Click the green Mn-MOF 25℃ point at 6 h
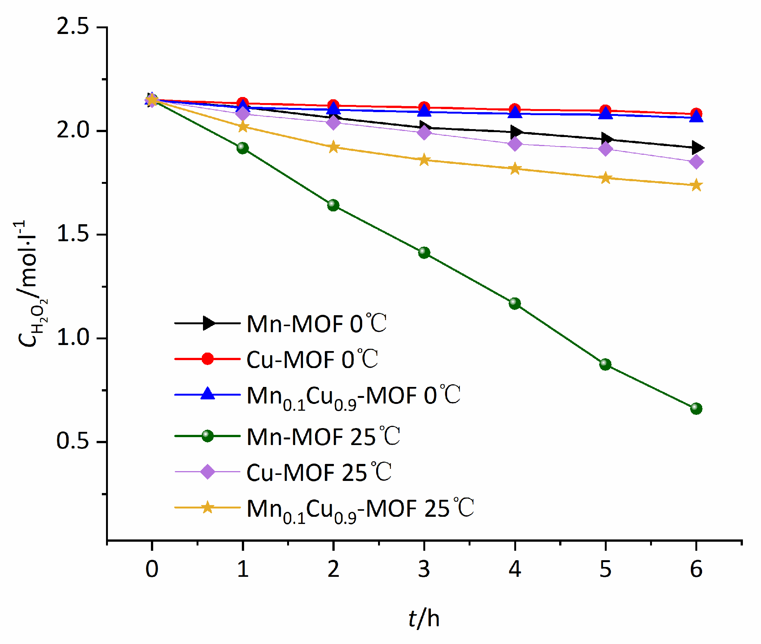[x=696, y=408]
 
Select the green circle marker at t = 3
[x=424, y=252]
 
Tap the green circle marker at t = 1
[x=243, y=148]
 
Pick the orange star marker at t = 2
[x=333, y=147]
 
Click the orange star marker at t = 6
[x=696, y=185]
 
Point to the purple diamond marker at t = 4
[x=515, y=144]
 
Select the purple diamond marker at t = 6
[x=696, y=162]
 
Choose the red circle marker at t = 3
[x=424, y=107]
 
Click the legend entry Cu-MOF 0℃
[x=312, y=359]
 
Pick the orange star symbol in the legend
[x=208, y=507]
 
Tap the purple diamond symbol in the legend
[x=208, y=471]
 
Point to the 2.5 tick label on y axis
[x=72, y=27]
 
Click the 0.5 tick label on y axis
[x=72, y=441]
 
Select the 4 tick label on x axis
[x=515, y=569]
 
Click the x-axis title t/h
[x=424, y=619]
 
